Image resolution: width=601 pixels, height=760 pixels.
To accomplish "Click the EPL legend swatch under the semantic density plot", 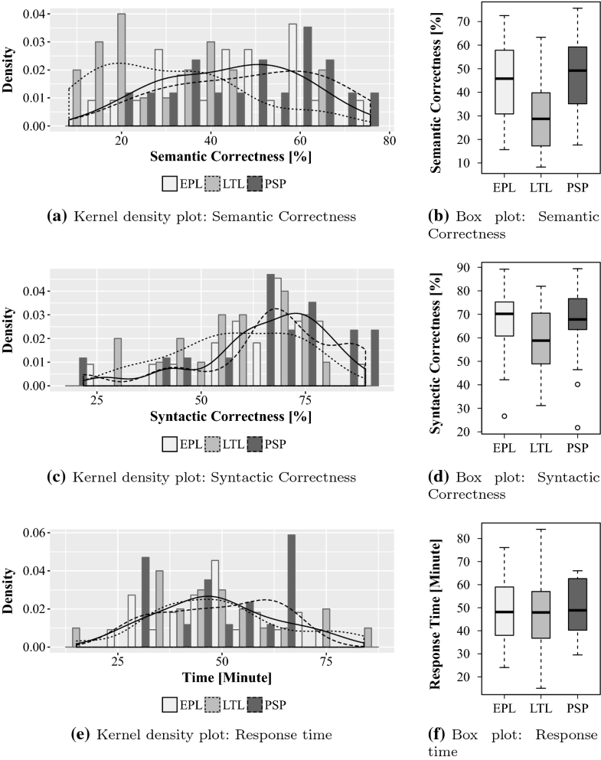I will click(x=170, y=183).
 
